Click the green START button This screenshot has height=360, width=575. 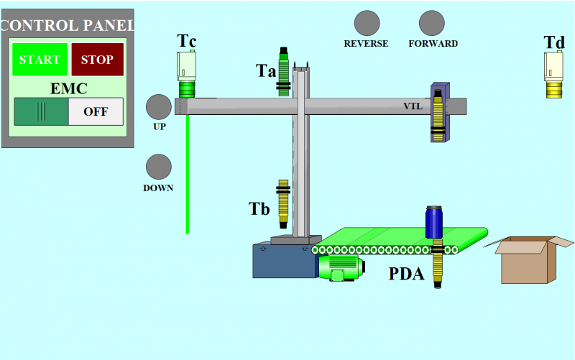pyautogui.click(x=40, y=60)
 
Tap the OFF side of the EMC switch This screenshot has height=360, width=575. pyautogui.click(x=96, y=111)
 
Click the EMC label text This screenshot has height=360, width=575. pyautogui.click(x=69, y=89)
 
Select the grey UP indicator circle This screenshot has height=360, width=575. pyautogui.click(x=159, y=107)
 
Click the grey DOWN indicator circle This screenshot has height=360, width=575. pyautogui.click(x=159, y=167)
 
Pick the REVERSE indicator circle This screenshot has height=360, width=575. pyautogui.click(x=367, y=23)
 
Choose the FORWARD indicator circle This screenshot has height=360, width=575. pyautogui.click(x=432, y=23)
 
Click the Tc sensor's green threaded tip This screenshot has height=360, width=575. pyautogui.click(x=187, y=89)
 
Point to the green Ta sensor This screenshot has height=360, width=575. pyautogui.click(x=284, y=72)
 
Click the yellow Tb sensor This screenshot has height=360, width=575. pyautogui.click(x=283, y=203)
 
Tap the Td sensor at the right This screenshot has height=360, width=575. pyautogui.click(x=554, y=75)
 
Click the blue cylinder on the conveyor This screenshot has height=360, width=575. pyautogui.click(x=434, y=221)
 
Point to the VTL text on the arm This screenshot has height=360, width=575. pyautogui.click(x=413, y=106)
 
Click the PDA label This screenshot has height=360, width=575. pyautogui.click(x=407, y=274)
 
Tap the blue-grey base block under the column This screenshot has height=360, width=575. pyautogui.click(x=284, y=260)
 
